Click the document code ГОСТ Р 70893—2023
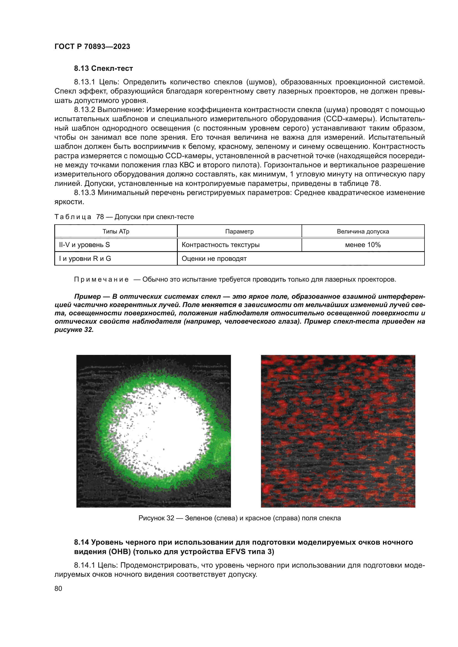92,46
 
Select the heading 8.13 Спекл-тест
103,69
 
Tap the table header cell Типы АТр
116,231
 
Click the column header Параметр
239,231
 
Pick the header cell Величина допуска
363,231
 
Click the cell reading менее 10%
363,245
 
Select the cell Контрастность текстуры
220,245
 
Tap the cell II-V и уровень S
84,245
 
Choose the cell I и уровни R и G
85,259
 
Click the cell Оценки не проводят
214,259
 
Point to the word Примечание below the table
101,280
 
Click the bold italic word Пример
88,297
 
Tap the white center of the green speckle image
166,431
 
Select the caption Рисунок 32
156,518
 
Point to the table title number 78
100,217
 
